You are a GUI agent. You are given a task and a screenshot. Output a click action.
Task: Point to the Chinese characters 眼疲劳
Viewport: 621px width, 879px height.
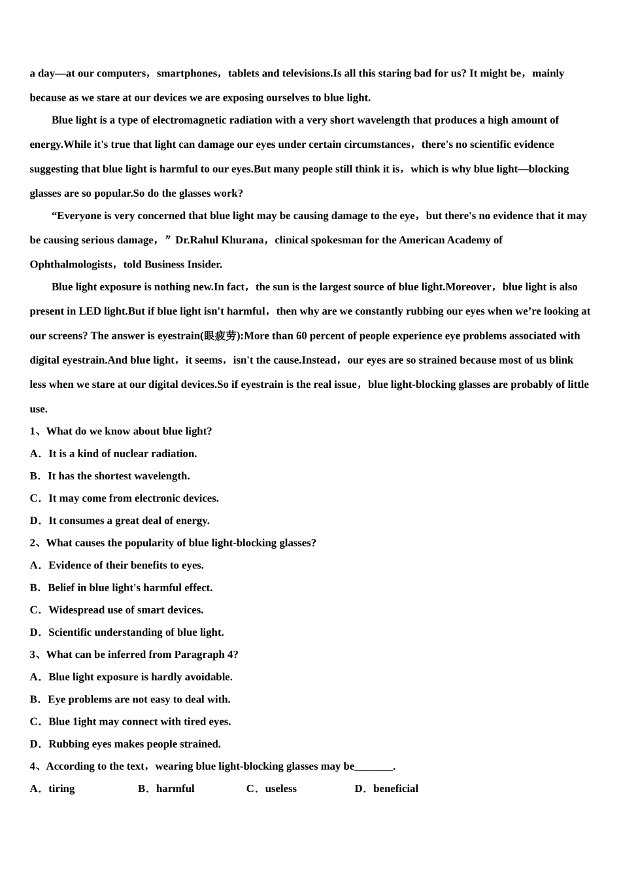click(220, 336)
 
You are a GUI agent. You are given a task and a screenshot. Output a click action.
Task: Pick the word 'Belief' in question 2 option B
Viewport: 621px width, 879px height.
click(62, 587)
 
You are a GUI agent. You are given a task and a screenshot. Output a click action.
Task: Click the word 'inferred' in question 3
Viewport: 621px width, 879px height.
click(124, 655)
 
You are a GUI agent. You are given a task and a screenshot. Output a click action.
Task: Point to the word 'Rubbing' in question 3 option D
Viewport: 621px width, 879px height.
click(68, 744)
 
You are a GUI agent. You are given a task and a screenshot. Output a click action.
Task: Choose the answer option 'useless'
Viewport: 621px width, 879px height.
click(280, 789)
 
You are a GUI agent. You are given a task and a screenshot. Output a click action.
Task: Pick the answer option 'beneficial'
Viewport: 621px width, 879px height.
click(395, 789)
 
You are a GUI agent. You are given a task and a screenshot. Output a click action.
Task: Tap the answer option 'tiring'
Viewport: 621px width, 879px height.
click(61, 789)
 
